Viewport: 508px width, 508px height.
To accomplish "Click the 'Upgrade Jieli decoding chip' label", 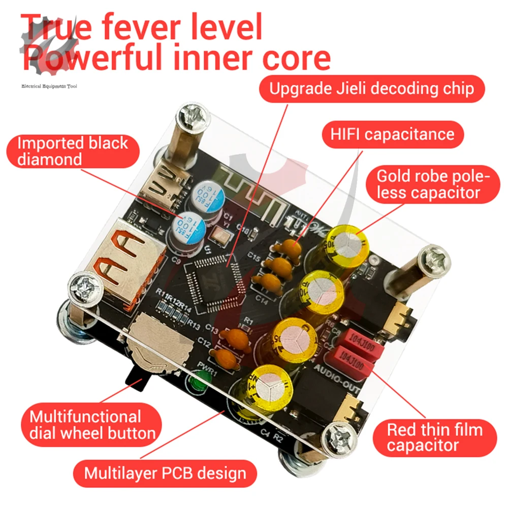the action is (x=371, y=89).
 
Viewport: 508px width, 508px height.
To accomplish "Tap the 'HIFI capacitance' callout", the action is (x=393, y=134).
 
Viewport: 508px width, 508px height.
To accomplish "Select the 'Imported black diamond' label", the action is (x=72, y=151).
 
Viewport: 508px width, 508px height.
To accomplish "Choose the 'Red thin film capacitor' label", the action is (x=434, y=438).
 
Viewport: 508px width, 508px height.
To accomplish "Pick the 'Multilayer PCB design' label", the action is (x=165, y=473).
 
